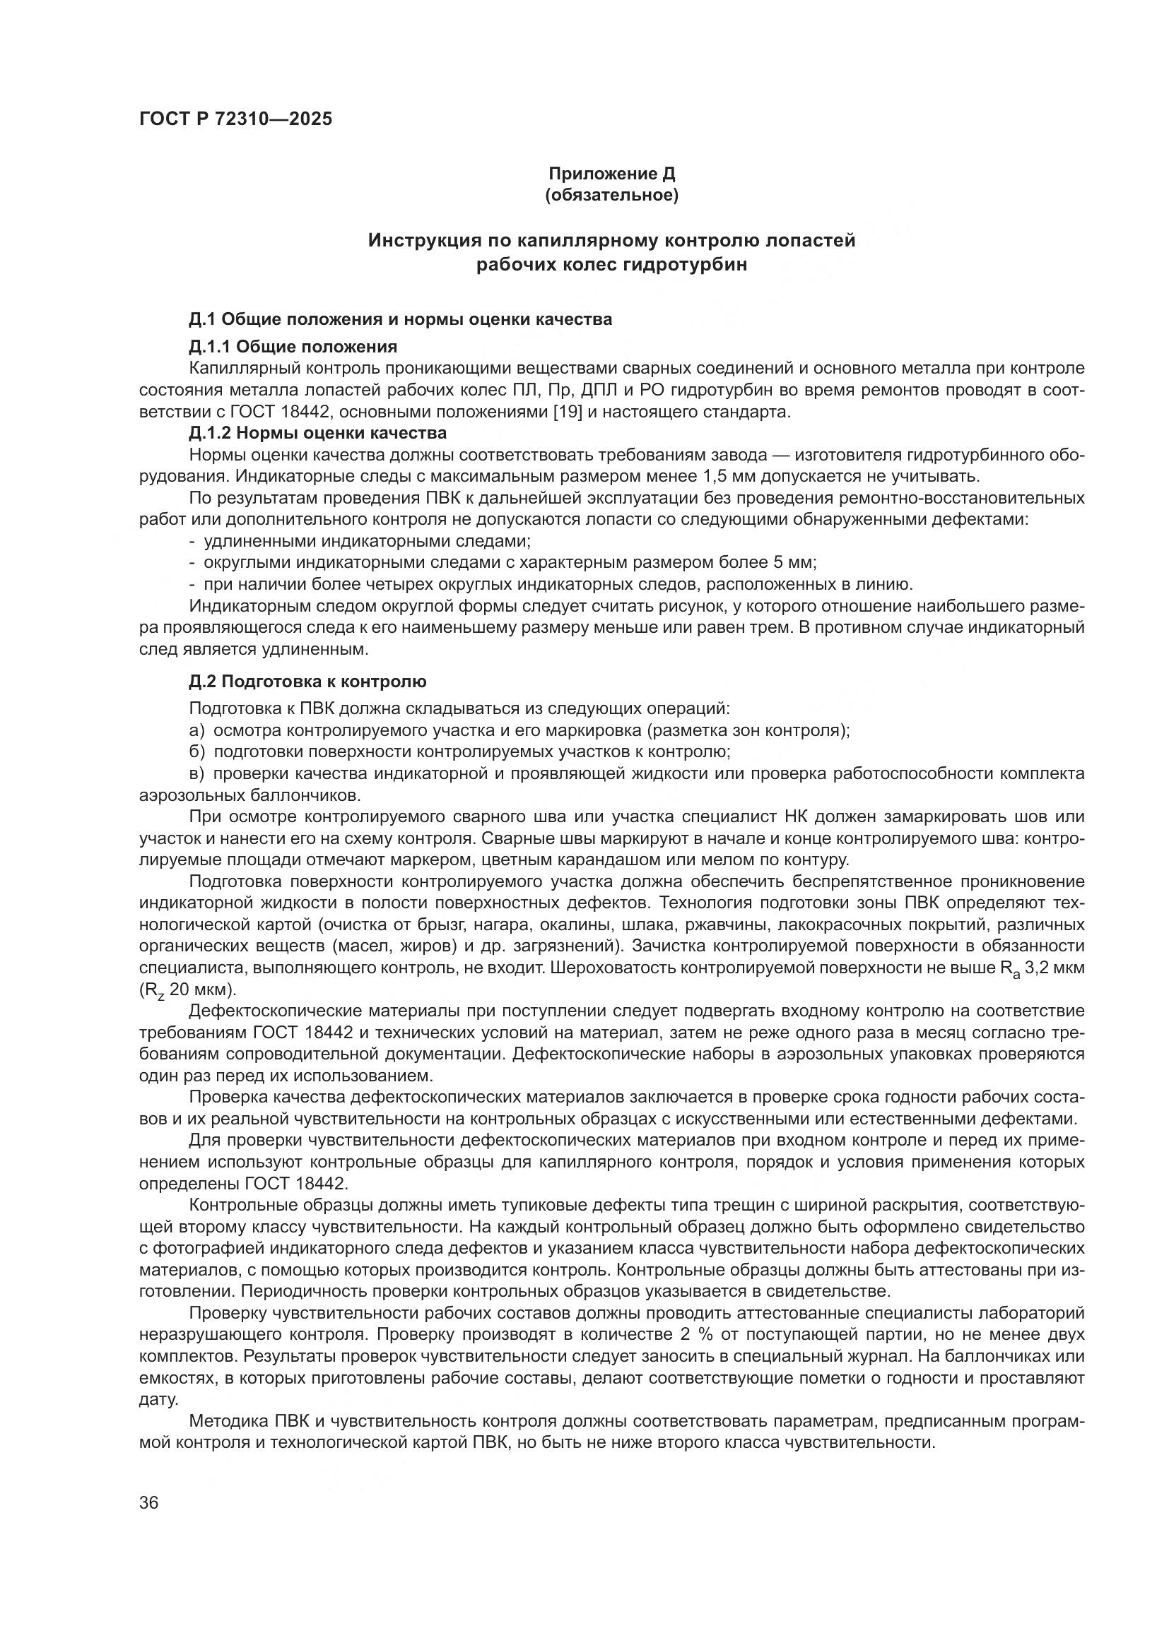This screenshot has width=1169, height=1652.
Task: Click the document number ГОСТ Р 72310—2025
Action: click(235, 119)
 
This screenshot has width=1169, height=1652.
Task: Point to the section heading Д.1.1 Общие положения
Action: click(293, 347)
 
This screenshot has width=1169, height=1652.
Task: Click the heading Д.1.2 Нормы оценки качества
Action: click(317, 433)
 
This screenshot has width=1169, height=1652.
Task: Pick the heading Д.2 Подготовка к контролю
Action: click(307, 681)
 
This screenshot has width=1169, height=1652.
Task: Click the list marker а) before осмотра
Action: click(197, 731)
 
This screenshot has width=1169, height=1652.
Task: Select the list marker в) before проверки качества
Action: click(197, 774)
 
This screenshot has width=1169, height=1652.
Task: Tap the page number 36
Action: click(149, 1504)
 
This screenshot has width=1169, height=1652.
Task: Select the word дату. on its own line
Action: click(158, 1399)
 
